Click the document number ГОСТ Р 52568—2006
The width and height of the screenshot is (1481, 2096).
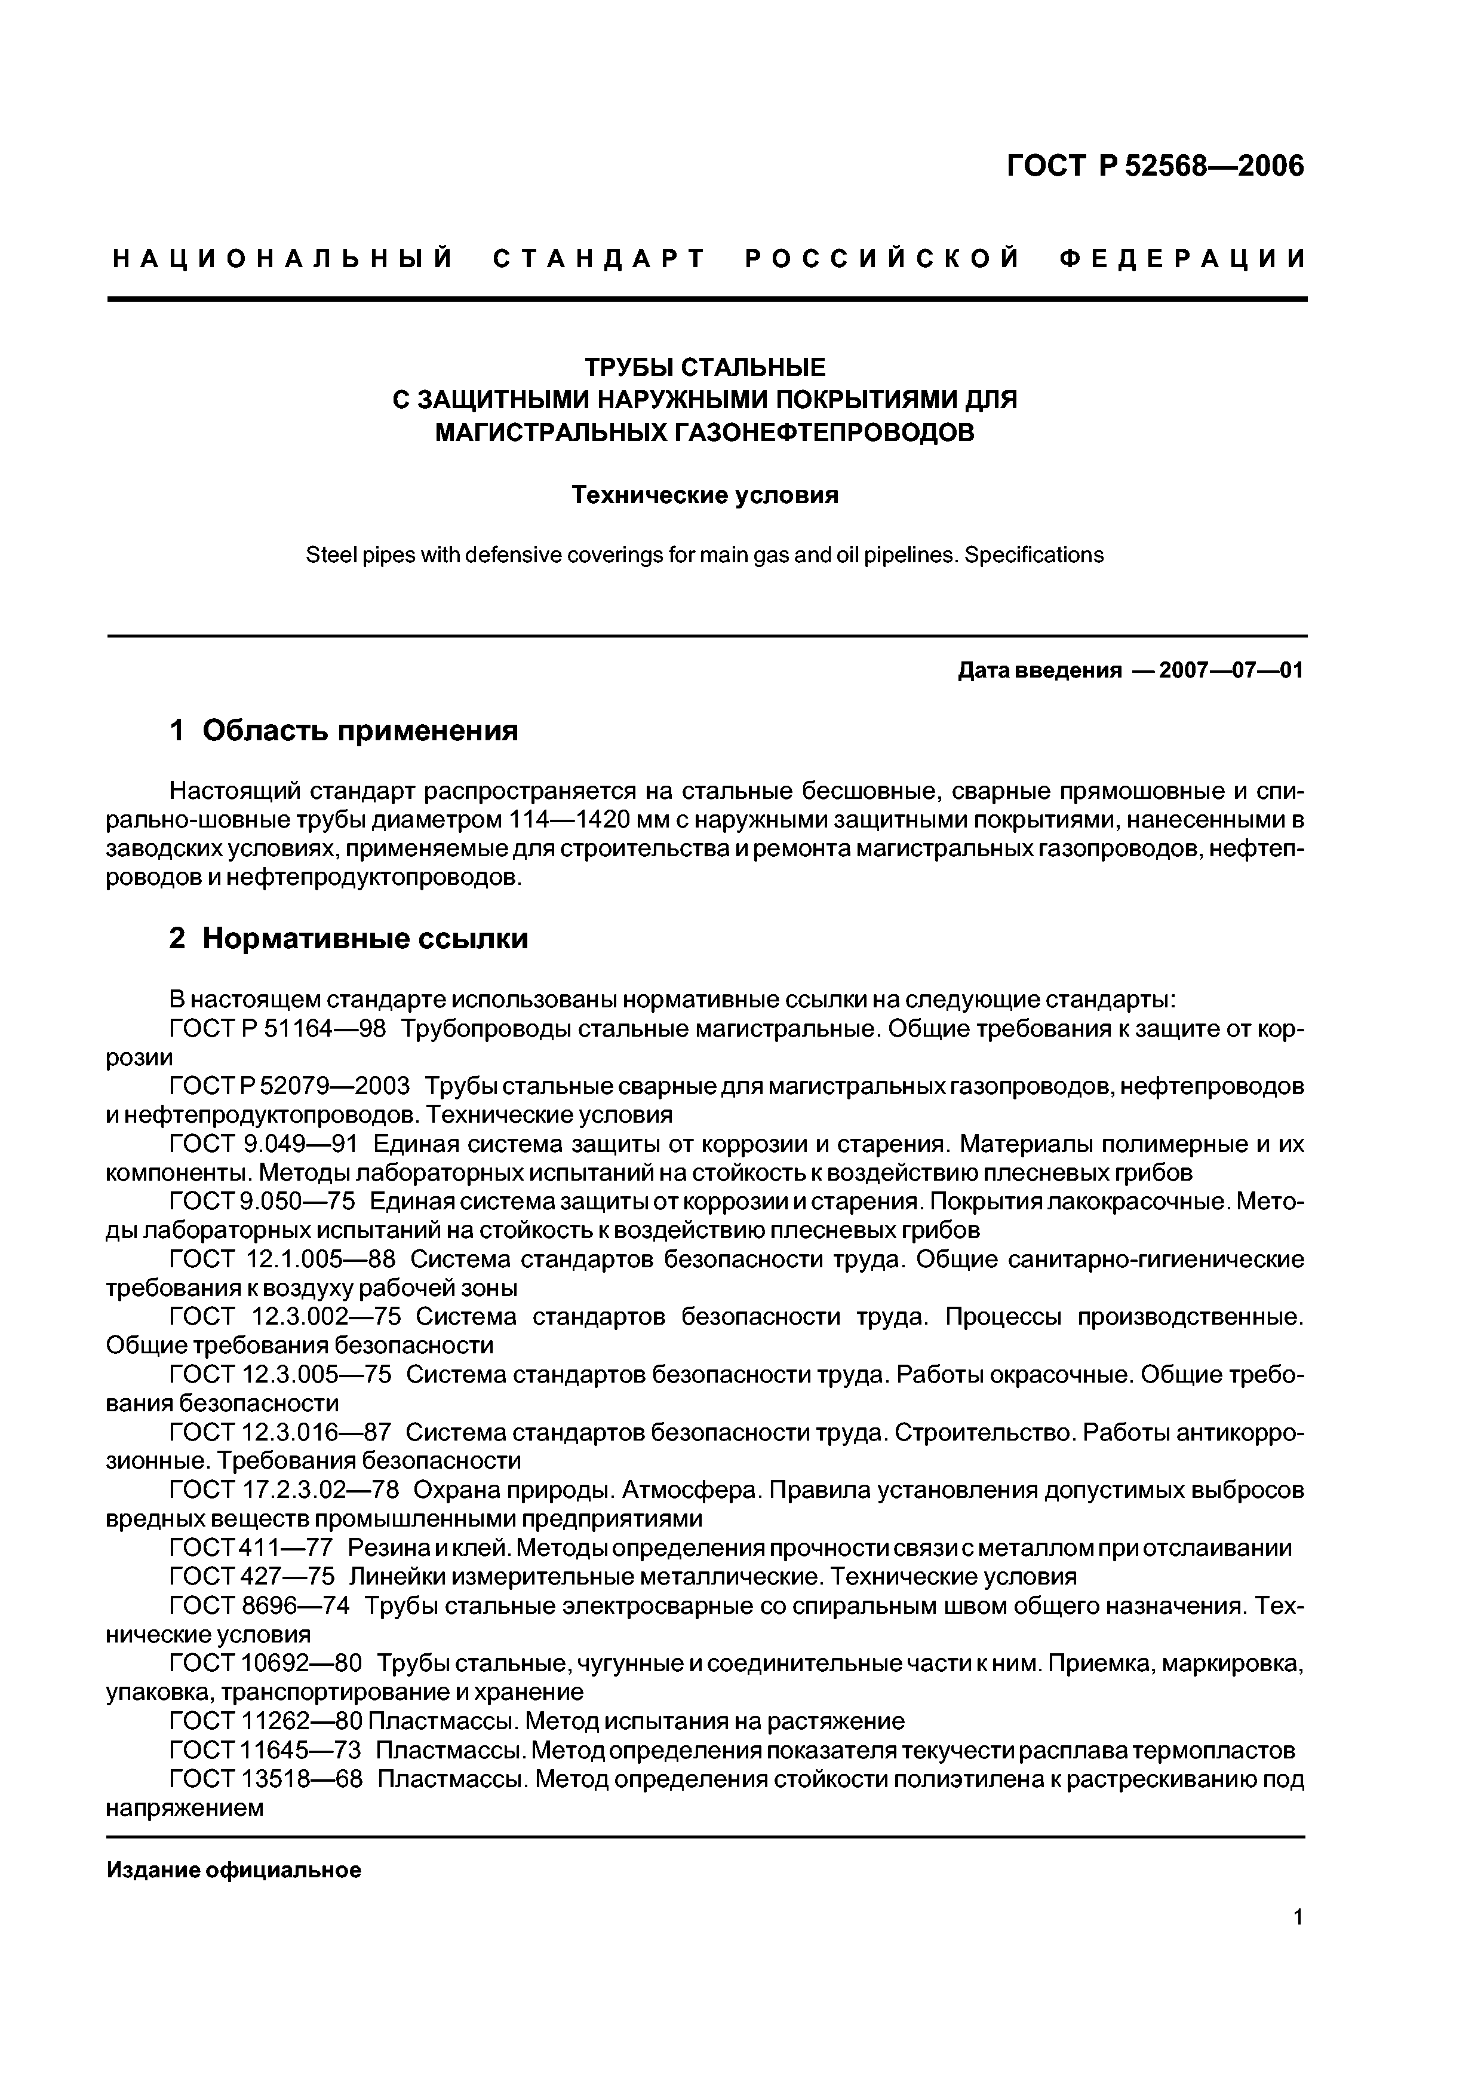[x=1155, y=166]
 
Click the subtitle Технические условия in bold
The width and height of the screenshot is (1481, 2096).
[x=705, y=496]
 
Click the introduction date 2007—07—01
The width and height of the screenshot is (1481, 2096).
[x=1230, y=671]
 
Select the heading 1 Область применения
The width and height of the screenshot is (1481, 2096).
[x=344, y=730]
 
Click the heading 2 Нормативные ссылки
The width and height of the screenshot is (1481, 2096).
[x=349, y=939]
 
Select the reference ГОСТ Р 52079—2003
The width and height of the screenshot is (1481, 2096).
[x=289, y=1086]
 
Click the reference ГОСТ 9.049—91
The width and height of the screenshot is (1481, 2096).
[x=265, y=1144]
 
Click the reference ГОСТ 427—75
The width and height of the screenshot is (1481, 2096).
[x=252, y=1577]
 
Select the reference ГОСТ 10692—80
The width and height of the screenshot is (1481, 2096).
[x=266, y=1663]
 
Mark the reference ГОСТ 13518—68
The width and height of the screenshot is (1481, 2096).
[x=266, y=1779]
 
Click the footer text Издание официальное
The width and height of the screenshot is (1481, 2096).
[x=233, y=1871]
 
